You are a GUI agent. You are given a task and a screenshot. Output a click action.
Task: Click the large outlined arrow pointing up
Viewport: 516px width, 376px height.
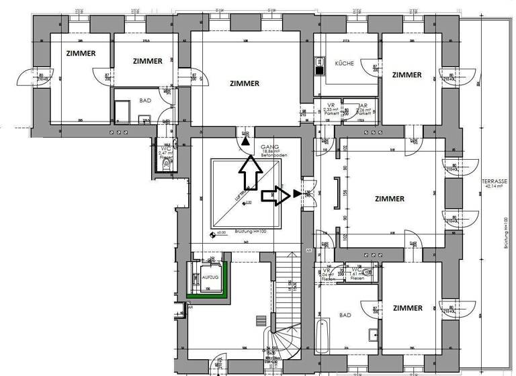pyautogui.click(x=250, y=173)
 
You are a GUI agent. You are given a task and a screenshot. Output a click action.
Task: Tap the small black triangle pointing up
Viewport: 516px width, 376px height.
pyautogui.click(x=246, y=142)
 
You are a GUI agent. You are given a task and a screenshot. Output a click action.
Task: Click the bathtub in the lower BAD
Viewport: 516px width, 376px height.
pyautogui.click(x=323, y=336)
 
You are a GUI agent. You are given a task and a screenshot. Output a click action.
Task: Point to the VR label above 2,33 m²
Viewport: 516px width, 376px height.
pyautogui.click(x=330, y=105)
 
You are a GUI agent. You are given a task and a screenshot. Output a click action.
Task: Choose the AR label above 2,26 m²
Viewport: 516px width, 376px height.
pyautogui.click(x=362, y=105)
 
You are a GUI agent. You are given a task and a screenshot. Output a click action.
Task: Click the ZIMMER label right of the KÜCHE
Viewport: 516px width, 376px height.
pyautogui.click(x=407, y=75)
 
